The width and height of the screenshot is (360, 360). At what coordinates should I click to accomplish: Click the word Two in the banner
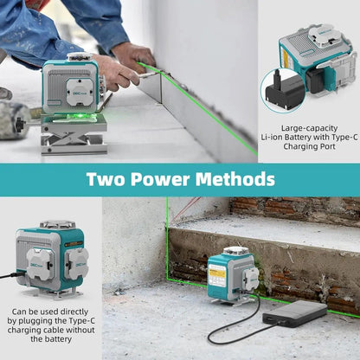point(106,179)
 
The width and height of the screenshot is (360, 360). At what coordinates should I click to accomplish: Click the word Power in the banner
point(160,179)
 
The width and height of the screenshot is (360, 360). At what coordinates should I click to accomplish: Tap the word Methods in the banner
point(235,179)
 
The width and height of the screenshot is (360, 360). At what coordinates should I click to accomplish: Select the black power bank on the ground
point(295,313)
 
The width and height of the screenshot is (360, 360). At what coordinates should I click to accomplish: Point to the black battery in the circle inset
point(284,90)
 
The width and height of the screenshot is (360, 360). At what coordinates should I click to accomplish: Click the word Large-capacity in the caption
point(309,128)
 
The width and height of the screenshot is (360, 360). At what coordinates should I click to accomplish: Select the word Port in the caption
point(328,146)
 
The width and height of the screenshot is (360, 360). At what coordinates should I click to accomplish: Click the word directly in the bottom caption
point(74,312)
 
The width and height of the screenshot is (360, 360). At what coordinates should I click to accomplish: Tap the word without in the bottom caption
point(79,330)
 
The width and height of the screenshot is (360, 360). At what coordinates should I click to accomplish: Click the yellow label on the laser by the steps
point(218,273)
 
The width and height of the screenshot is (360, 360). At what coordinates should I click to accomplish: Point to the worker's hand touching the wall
point(135,56)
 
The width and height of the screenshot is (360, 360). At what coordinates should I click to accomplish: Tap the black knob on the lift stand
point(19,125)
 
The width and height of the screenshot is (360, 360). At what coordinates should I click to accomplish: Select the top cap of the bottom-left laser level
point(57,224)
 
